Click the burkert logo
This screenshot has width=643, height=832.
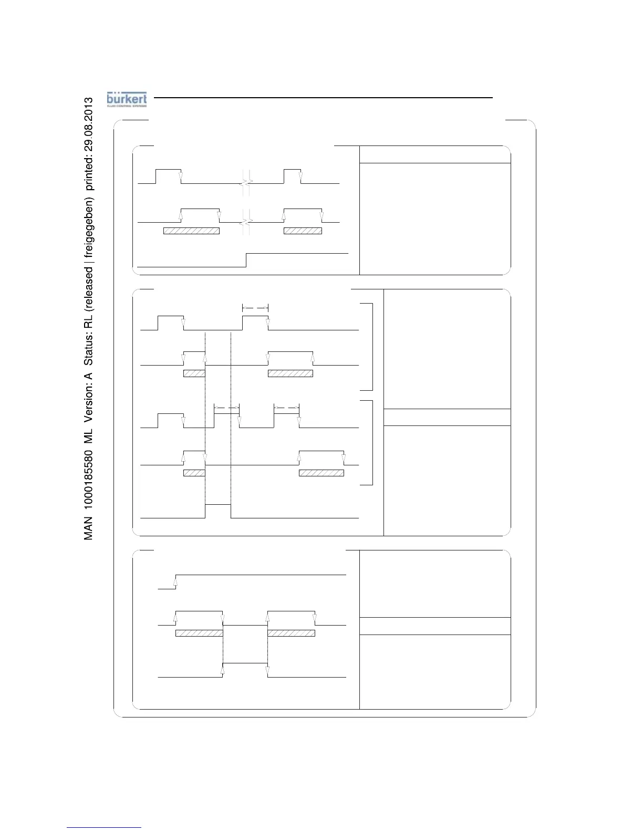click(x=127, y=99)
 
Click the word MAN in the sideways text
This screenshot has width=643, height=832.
click(x=89, y=528)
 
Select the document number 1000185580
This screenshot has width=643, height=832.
click(x=89, y=477)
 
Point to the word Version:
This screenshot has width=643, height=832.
click(x=89, y=400)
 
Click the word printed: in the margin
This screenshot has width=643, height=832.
click(x=89, y=173)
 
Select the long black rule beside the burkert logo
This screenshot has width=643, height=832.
click(x=324, y=98)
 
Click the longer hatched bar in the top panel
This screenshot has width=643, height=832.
click(x=191, y=231)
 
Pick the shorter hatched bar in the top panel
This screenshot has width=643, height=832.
click(x=303, y=231)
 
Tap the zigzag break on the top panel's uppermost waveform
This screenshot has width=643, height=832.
click(x=246, y=183)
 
